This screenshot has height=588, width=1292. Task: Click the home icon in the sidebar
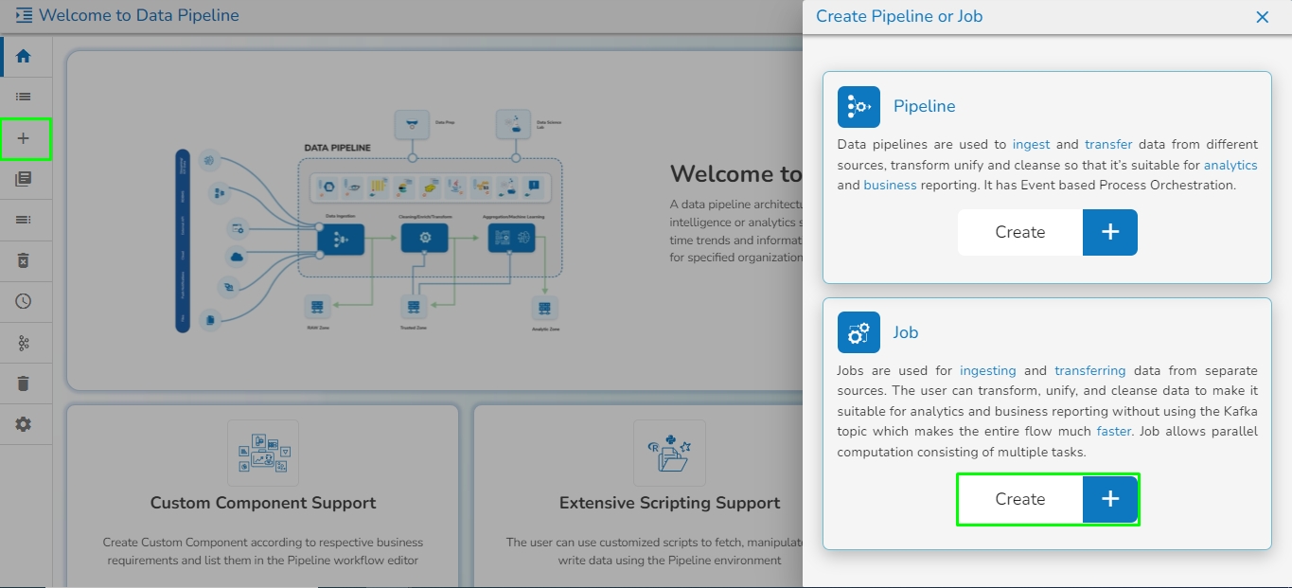tap(24, 56)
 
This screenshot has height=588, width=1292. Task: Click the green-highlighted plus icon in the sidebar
tap(24, 138)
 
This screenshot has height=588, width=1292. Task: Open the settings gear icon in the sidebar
tap(24, 424)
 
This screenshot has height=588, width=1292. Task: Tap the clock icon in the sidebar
tap(24, 301)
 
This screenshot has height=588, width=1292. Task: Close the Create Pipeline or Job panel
tap(1262, 17)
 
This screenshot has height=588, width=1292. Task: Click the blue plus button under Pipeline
tap(1110, 233)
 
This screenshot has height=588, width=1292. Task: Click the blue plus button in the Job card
tap(1110, 500)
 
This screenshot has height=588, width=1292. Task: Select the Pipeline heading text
tap(924, 106)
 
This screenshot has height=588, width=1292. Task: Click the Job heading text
tap(906, 332)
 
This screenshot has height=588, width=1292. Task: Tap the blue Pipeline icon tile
tap(858, 107)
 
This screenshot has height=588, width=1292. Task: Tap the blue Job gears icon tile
tap(858, 332)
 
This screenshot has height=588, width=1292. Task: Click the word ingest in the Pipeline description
tap(1031, 145)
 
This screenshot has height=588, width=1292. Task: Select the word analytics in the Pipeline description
tap(1230, 165)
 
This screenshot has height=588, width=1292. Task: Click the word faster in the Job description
tap(1113, 432)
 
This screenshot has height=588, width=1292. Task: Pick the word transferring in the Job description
tap(1089, 371)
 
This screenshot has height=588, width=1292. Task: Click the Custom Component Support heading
tap(263, 503)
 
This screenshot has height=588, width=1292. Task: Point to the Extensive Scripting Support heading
tap(669, 503)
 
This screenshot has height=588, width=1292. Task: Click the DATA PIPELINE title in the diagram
tap(337, 149)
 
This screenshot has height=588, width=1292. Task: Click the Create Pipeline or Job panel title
tap(898, 16)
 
